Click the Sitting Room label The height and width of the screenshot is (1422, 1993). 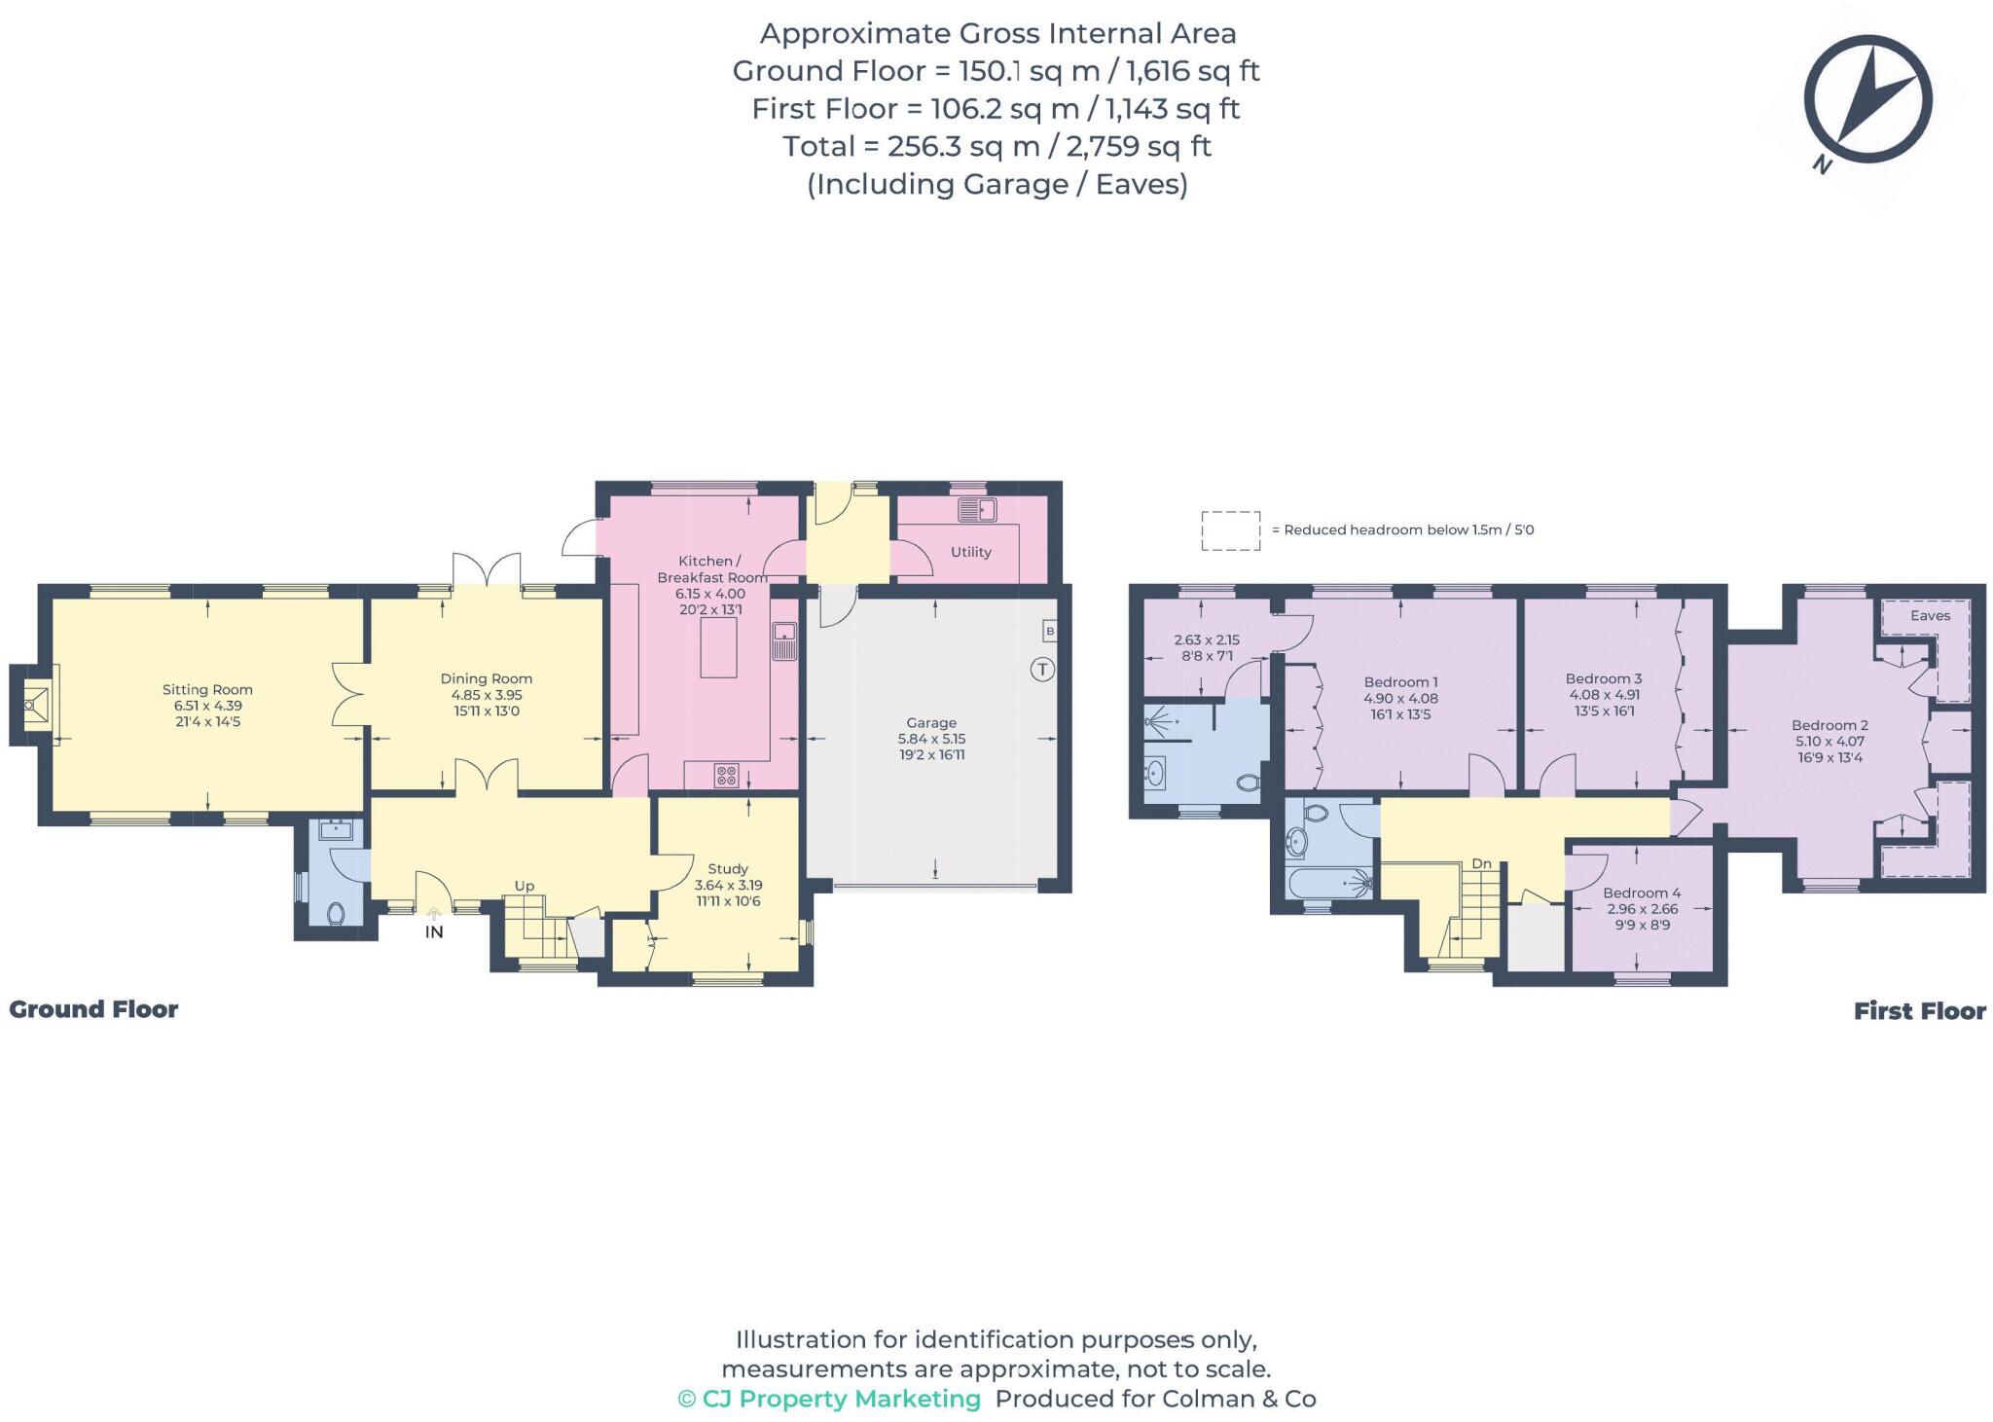tap(207, 690)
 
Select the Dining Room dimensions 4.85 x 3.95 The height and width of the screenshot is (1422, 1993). tap(487, 695)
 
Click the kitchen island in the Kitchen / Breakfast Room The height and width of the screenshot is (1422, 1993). tap(718, 648)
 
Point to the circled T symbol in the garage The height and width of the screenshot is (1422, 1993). tap(1042, 670)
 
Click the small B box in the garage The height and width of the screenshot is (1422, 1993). tap(1049, 632)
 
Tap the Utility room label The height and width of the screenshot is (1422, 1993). tap(970, 552)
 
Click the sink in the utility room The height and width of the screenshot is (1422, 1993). tap(976, 509)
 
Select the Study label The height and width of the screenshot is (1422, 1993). tap(728, 869)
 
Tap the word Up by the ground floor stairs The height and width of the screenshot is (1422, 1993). tap(525, 886)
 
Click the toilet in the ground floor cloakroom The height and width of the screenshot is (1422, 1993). tap(336, 913)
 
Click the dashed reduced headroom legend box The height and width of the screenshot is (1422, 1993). tap(1230, 530)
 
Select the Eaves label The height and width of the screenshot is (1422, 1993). tap(1930, 615)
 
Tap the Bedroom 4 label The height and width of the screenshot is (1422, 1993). tap(1642, 893)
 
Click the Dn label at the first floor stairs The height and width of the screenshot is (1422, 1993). tap(1481, 863)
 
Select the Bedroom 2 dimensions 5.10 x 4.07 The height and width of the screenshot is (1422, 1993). tap(1830, 741)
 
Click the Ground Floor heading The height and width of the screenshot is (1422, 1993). tap(93, 1009)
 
